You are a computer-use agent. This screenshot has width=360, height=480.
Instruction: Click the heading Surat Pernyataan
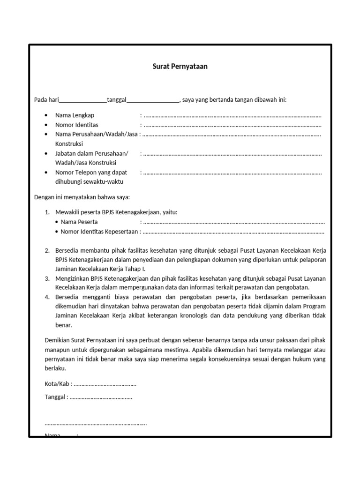180,67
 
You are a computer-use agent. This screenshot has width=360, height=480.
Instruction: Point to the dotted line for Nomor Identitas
232,125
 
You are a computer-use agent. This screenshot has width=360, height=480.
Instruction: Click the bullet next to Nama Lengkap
45,115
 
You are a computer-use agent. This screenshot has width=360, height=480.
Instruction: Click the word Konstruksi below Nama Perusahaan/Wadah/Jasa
69,144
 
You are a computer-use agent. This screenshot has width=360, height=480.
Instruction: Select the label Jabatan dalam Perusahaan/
91,153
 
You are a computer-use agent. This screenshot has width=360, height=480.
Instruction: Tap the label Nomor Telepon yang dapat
91,172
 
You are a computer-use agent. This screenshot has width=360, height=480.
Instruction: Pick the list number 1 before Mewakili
47,212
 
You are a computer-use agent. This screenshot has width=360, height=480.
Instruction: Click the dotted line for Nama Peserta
233,222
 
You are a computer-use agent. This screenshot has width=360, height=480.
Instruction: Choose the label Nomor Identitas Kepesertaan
100,232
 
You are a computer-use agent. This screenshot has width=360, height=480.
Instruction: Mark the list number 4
47,297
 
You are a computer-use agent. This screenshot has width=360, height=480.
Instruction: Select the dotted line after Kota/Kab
105,384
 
